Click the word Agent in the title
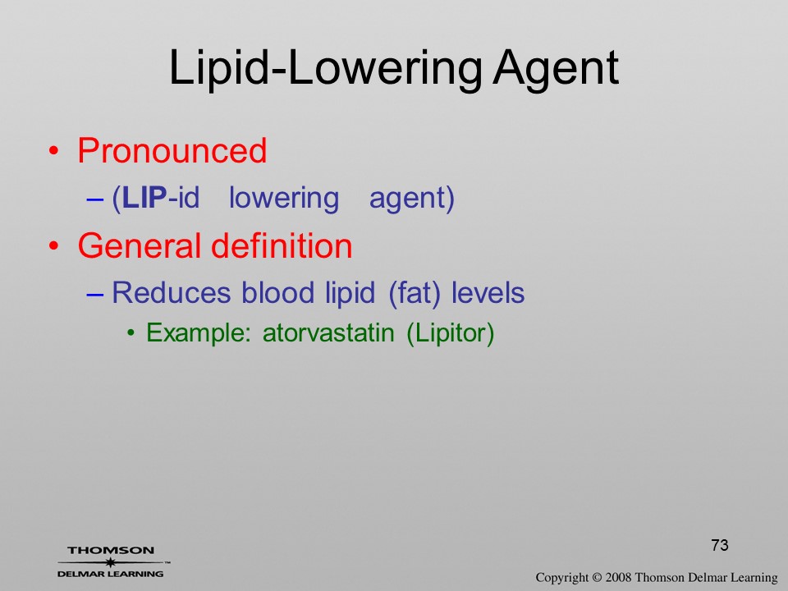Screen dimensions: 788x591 (556, 69)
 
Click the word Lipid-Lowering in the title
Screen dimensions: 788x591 (326, 69)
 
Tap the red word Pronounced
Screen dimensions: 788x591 (172, 150)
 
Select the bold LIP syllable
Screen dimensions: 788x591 (144, 198)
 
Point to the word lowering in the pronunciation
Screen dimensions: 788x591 (284, 199)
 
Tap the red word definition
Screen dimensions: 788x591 (282, 245)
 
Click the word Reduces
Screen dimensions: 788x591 (172, 292)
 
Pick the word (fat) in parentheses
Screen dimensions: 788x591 (415, 294)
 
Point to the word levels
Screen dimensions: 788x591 (488, 292)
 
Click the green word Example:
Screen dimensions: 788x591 (199, 333)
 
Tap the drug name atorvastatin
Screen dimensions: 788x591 (328, 333)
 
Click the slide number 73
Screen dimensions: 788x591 (720, 545)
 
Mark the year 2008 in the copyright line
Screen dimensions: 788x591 (619, 577)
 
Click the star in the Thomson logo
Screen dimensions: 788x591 (110, 562)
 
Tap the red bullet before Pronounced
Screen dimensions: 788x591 (54, 151)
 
